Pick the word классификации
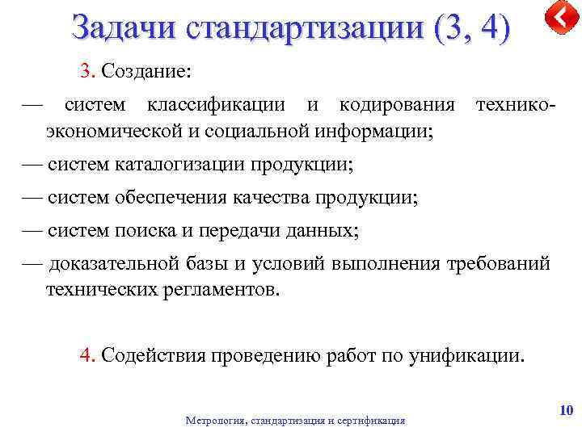[x=214, y=105]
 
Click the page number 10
[x=566, y=412]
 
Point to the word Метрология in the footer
[x=217, y=421]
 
